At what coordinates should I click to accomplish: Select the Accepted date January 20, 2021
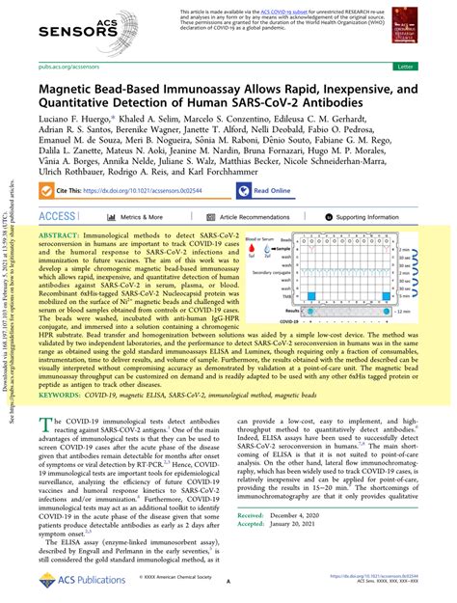(x=331, y=578)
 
